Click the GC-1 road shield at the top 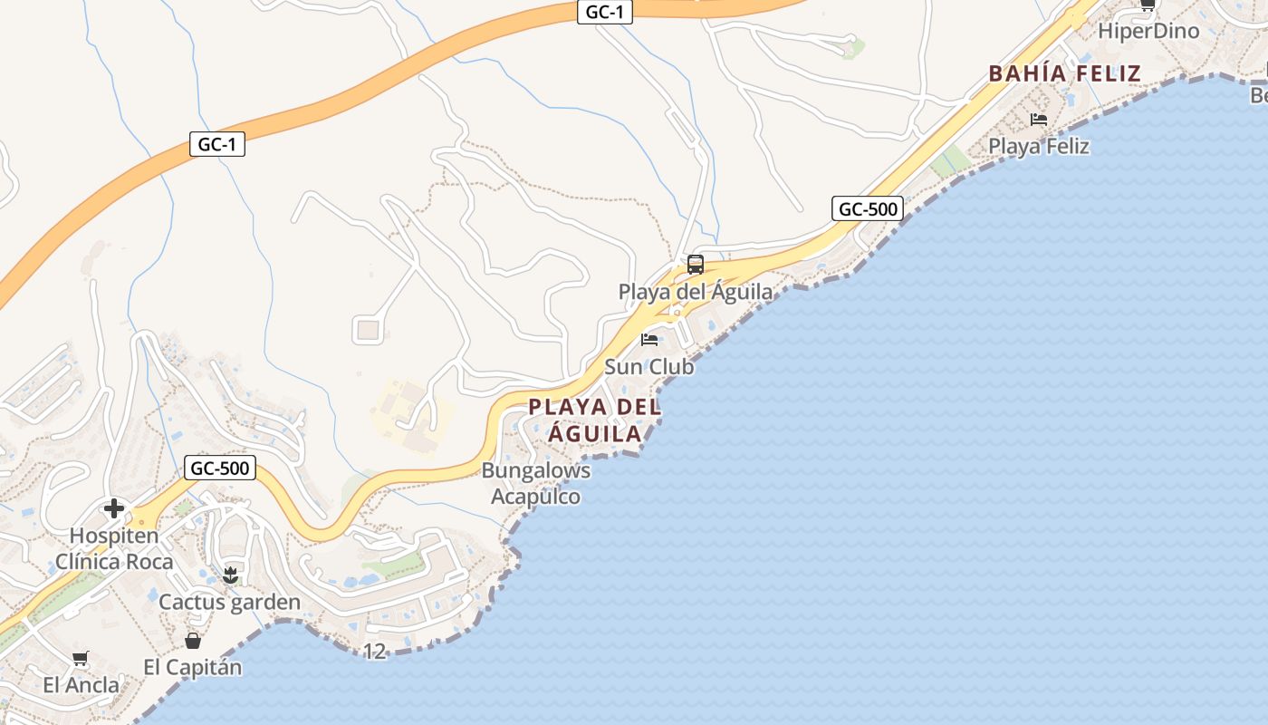tap(604, 12)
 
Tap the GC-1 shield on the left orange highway tap(217, 144)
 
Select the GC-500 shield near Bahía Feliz tap(868, 209)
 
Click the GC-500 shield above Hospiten tap(220, 469)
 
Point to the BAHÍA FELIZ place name tap(1064, 73)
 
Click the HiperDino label tap(1148, 32)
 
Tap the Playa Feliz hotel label tap(1039, 146)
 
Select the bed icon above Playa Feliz tap(1039, 119)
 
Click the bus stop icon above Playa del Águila tap(696, 265)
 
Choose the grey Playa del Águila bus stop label tap(696, 292)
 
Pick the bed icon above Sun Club tap(649, 340)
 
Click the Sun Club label tap(649, 367)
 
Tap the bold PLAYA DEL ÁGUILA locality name tap(595, 420)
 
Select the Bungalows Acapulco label tap(536, 484)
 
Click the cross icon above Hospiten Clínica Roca tap(114, 507)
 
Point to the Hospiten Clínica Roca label tap(114, 548)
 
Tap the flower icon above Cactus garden tap(230, 575)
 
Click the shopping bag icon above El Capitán tap(193, 641)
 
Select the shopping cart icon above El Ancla tap(81, 658)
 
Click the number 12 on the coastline tap(374, 651)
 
